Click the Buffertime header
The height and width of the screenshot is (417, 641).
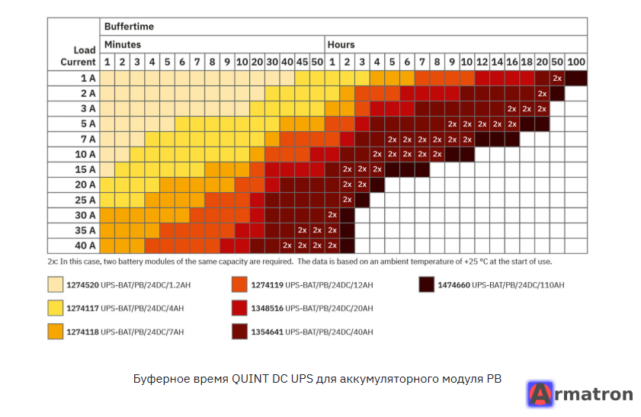coord(129,27)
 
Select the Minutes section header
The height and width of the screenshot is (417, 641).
coord(123,44)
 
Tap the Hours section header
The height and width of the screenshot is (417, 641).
coord(341,44)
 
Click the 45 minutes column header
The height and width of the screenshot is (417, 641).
coord(302,63)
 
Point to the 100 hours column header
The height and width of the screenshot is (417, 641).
coord(576,63)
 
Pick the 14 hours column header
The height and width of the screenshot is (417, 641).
coord(497,63)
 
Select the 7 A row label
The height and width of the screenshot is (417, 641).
coord(88,140)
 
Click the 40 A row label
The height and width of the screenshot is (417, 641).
coord(85,245)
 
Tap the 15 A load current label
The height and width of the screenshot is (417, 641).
coord(85,170)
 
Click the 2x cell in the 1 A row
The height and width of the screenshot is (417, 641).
coord(557,78)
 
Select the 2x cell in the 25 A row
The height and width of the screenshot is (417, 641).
coord(347,200)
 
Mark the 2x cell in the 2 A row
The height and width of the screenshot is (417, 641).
coord(542,94)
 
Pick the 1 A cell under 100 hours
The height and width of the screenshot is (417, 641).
coord(576,78)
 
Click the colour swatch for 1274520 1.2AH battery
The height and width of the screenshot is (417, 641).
coord(55,284)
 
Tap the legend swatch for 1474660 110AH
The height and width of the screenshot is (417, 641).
coord(426,284)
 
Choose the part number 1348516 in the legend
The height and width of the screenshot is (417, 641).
coord(267,308)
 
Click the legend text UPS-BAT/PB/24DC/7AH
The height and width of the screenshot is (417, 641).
coord(143,332)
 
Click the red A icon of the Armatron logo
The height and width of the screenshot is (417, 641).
coord(540,394)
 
